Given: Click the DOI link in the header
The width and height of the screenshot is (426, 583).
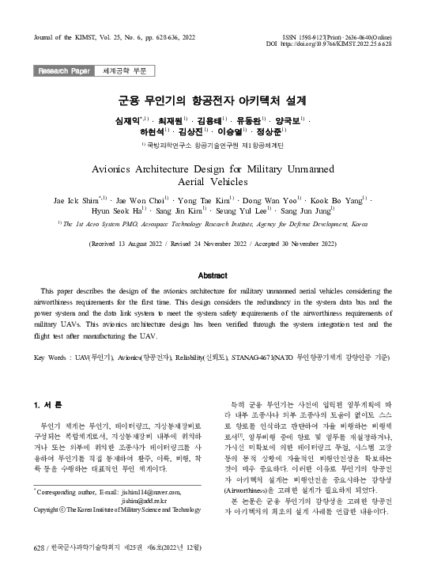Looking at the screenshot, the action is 347,44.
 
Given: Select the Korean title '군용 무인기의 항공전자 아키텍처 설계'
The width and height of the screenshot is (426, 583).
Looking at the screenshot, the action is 213,101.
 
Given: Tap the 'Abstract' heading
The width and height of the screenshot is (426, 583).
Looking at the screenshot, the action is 213,275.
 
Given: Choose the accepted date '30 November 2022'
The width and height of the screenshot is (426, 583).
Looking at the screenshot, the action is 310,244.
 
